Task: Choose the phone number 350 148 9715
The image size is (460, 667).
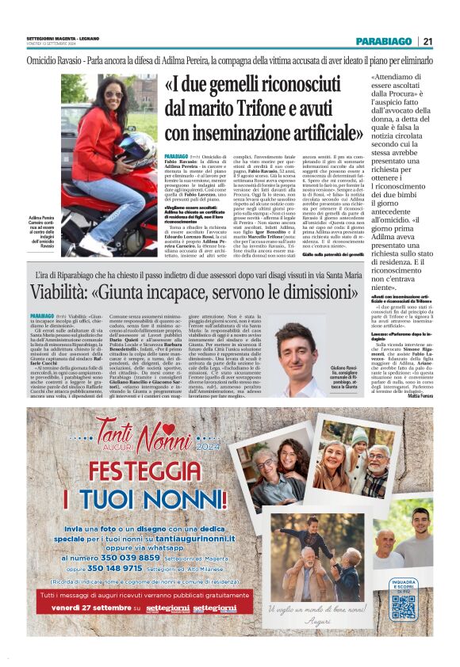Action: click(118, 568)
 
